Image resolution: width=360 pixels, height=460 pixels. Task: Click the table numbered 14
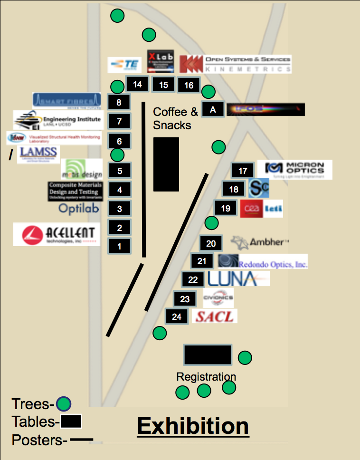pyautogui.click(x=137, y=84)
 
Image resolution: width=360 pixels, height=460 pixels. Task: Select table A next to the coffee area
pyautogui.click(x=213, y=109)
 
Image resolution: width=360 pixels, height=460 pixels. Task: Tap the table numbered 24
pyautogui.click(x=177, y=316)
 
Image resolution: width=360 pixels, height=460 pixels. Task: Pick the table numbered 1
pyautogui.click(x=120, y=246)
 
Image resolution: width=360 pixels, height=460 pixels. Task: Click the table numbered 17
pyautogui.click(x=243, y=171)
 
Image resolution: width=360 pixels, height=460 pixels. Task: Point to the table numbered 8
pyautogui.click(x=119, y=102)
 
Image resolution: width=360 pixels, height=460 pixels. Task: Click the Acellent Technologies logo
pyautogui.click(x=57, y=234)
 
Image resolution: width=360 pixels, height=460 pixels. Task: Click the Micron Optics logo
pyautogui.click(x=294, y=170)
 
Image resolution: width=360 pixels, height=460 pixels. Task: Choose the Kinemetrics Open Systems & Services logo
pyautogui.click(x=236, y=64)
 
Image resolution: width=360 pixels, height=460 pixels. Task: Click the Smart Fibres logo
pyautogui.click(x=66, y=100)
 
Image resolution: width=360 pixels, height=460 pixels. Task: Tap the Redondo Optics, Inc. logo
pyautogui.click(x=263, y=261)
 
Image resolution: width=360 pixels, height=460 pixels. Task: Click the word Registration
pyautogui.click(x=206, y=377)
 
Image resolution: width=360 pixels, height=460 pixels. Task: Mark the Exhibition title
pyautogui.click(x=193, y=426)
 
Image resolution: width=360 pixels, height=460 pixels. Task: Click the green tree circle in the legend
pyautogui.click(x=64, y=404)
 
